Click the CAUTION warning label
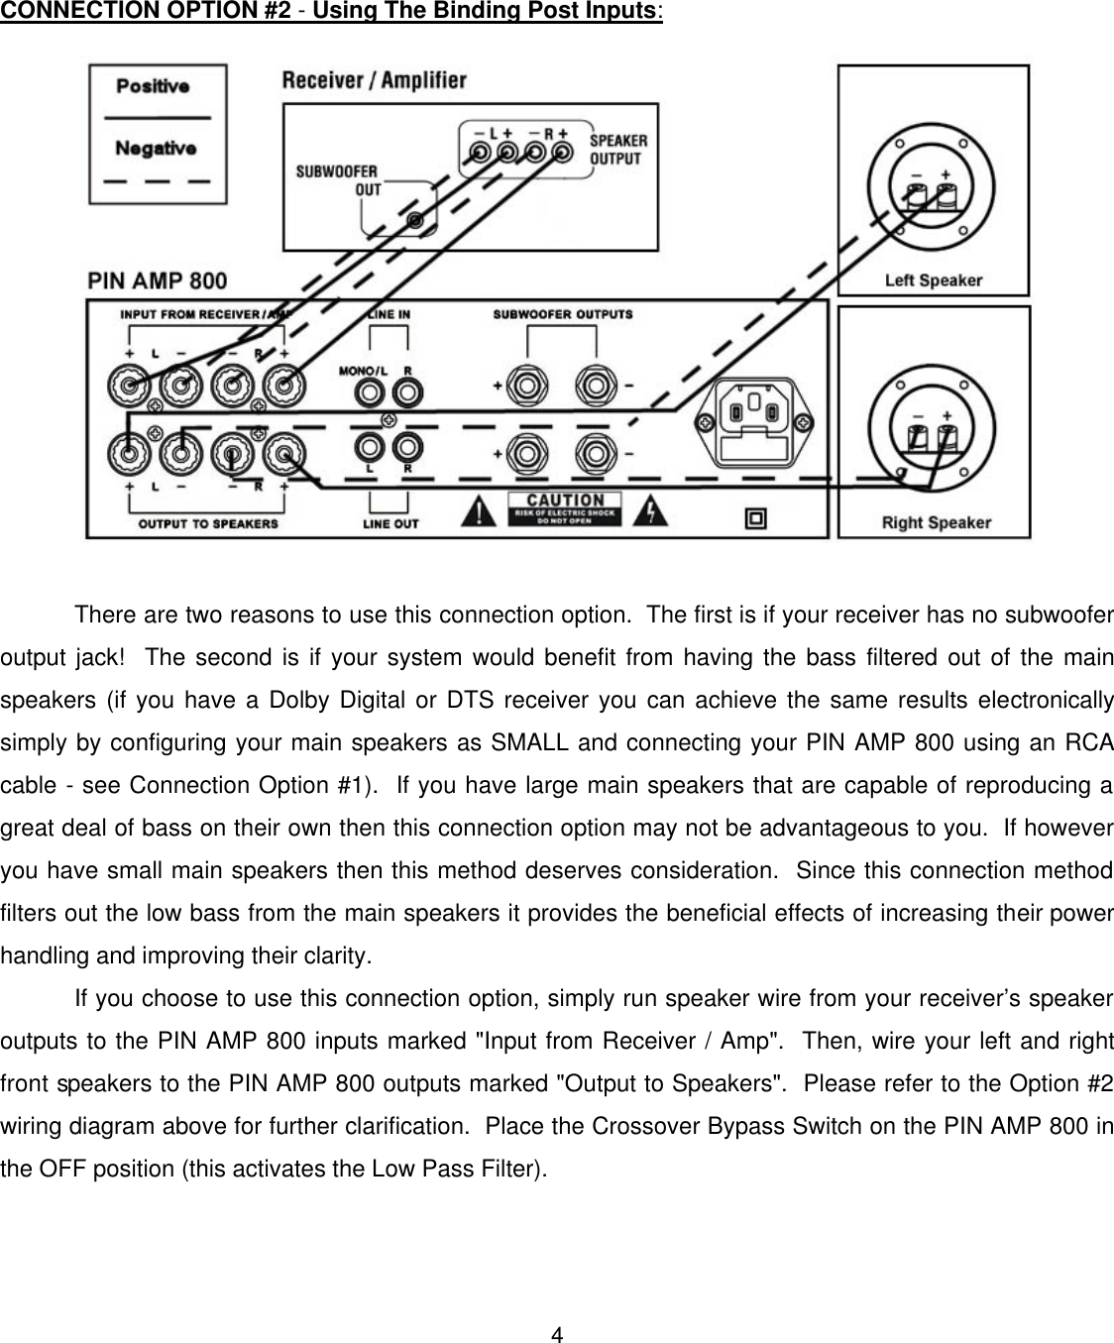[x=564, y=507]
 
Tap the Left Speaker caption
[x=933, y=280]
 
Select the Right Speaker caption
[x=936, y=522]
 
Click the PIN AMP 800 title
[x=158, y=281]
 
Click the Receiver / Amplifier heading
[x=374, y=80]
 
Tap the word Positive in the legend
[x=153, y=86]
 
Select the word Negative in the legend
[x=155, y=148]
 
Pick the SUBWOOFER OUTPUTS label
[x=562, y=315]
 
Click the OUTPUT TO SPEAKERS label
[x=208, y=523]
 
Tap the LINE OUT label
[x=390, y=523]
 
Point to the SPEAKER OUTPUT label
[x=617, y=150]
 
